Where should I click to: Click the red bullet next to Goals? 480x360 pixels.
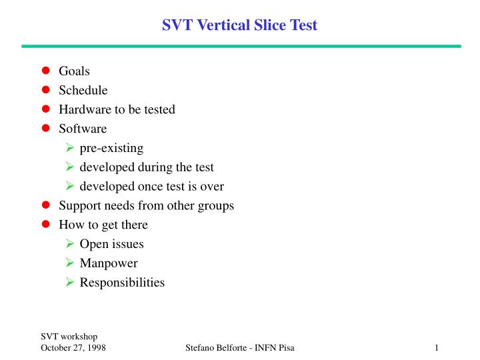click(46, 71)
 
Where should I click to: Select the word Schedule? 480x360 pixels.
click(83, 90)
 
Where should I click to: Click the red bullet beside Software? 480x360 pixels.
click(46, 129)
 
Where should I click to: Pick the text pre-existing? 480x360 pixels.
click(111, 148)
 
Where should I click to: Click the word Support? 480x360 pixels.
click(79, 206)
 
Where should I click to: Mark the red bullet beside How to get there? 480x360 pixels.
click(46, 225)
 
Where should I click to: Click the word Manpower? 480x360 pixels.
click(109, 263)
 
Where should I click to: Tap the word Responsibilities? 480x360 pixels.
click(122, 283)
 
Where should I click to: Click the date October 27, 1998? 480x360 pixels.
click(73, 348)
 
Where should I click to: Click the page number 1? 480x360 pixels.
click(435, 348)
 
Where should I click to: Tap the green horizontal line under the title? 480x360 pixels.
click(240, 46)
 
